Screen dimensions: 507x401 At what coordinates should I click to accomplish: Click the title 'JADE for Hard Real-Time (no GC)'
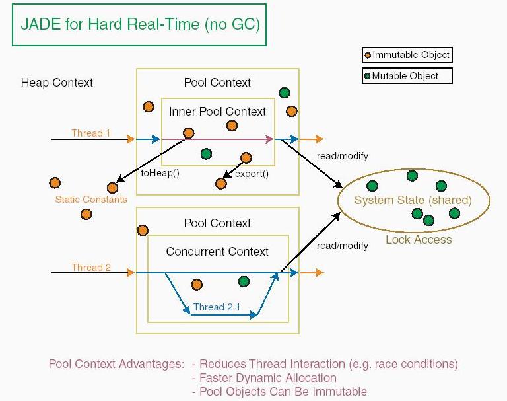141,24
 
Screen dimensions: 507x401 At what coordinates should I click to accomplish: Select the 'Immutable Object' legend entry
407,55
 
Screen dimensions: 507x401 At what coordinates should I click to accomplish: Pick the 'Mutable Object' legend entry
407,76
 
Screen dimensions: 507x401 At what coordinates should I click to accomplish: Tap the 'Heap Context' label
57,83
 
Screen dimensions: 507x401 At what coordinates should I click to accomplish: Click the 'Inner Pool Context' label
217,112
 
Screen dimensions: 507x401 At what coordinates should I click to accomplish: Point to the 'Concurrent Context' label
217,252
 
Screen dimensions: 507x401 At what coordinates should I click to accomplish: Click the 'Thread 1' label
91,133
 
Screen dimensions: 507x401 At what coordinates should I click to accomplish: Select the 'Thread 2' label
91,268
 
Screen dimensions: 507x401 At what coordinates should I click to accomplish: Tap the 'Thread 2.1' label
217,307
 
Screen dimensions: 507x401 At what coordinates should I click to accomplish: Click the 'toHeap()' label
160,173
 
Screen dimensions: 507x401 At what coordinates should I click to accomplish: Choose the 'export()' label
252,174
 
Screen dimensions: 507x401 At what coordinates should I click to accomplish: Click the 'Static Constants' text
91,200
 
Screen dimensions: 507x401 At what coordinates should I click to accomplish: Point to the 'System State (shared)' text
413,200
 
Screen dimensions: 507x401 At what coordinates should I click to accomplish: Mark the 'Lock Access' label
419,240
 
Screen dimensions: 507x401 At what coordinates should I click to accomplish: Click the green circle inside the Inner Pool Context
206,154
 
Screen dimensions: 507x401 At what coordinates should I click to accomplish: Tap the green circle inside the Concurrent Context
244,281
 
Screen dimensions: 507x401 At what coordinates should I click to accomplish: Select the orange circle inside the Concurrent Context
197,285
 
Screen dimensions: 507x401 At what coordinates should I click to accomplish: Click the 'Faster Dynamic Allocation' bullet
265,378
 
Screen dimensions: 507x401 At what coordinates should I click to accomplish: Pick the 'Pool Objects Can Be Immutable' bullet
280,392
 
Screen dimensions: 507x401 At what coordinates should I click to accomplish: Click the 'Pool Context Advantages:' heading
116,364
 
